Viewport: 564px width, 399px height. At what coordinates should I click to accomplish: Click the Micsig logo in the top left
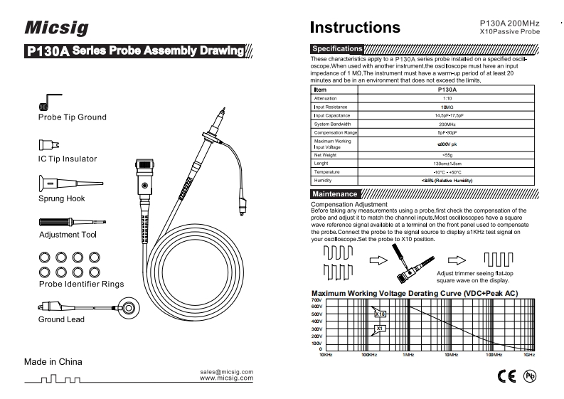tap(56, 27)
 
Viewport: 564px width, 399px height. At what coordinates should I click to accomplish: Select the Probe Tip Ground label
tap(73, 117)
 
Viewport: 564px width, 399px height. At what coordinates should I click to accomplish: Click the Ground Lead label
tap(61, 319)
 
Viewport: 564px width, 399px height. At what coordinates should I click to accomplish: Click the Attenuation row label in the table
tap(328, 100)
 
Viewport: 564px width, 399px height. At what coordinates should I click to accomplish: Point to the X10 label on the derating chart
tap(380, 314)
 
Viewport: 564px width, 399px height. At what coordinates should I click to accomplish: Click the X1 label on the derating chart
tap(380, 329)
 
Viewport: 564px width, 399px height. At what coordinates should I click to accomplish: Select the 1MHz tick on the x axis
tap(408, 353)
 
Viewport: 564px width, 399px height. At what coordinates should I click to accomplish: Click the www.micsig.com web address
tap(228, 378)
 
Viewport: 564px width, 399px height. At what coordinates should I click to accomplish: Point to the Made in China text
tap(53, 361)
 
